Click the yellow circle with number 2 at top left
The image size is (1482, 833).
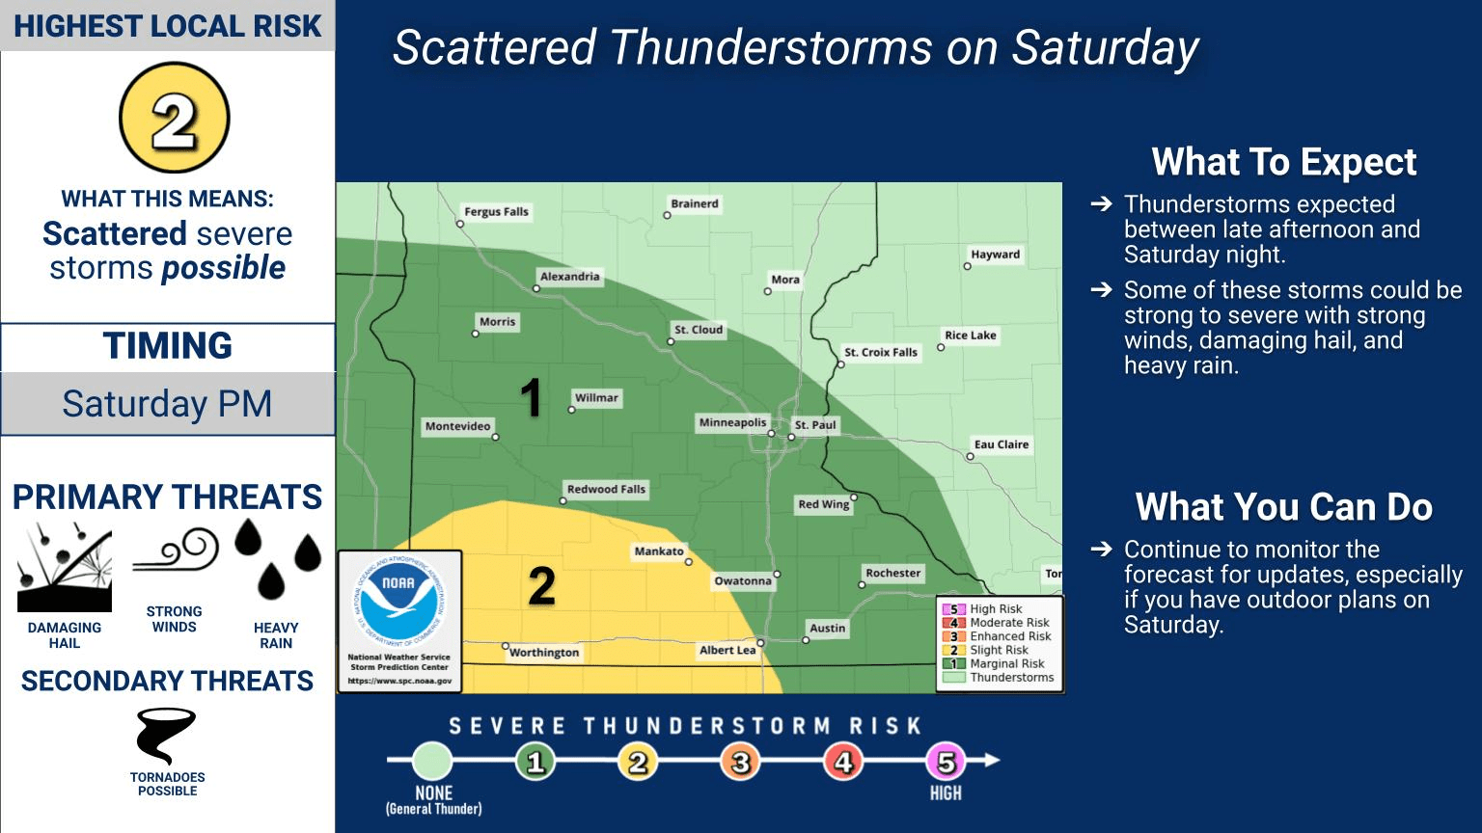point(174,119)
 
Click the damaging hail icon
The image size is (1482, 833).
point(65,568)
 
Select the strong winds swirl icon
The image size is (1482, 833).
point(175,551)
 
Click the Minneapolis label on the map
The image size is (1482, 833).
point(732,422)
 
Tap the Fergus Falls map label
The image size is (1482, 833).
point(496,211)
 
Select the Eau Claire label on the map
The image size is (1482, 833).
point(1001,444)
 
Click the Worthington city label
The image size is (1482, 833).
point(544,653)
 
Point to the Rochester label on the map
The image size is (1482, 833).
point(892,573)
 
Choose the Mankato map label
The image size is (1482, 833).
point(658,551)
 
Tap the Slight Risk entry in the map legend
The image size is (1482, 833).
point(999,650)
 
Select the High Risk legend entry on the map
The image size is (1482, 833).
point(996,609)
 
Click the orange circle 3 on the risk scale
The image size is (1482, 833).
point(740,763)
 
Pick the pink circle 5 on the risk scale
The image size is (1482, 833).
point(946,763)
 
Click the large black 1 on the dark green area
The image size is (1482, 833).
point(531,398)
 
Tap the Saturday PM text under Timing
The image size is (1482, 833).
point(167,404)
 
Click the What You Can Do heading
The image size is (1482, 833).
point(1283,507)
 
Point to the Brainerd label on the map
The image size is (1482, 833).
point(695,203)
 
